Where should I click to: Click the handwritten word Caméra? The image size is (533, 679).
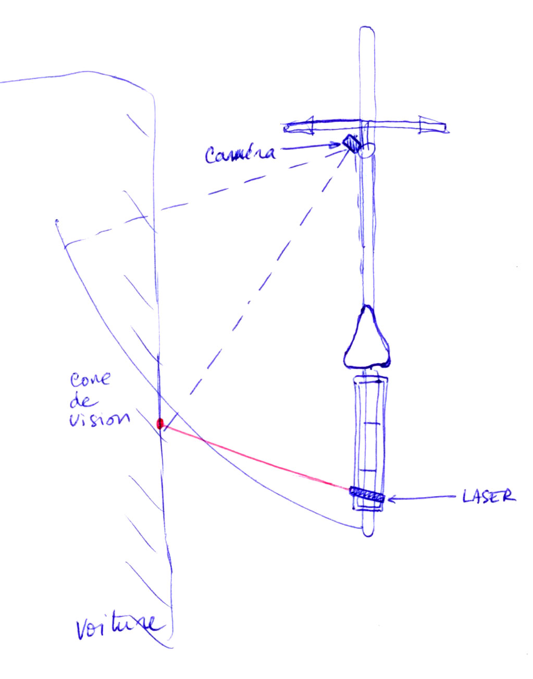240,154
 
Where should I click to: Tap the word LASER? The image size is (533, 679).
488,496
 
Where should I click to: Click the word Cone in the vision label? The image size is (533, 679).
90,379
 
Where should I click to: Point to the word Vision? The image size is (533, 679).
99,418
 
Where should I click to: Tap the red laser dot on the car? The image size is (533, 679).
160,423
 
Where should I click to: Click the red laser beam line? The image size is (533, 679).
255,456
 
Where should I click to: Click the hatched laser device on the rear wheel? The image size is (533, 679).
367,495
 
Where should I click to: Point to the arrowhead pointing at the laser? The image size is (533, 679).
391,499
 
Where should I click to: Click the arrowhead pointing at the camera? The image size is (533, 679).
336,146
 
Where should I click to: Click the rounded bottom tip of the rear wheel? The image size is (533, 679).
368,531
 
